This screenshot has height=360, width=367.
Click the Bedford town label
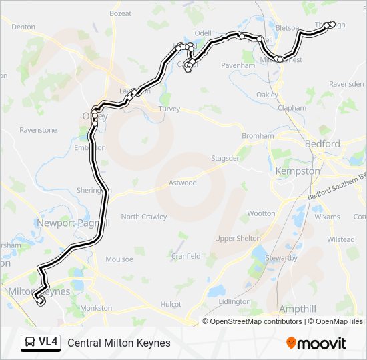[x=323, y=144]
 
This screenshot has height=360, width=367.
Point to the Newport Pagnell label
[x=73, y=223]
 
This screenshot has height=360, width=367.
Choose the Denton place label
[x=23, y=27]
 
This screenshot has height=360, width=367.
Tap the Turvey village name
[x=169, y=109]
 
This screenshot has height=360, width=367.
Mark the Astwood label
[x=183, y=183]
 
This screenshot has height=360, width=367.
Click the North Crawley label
[x=143, y=217]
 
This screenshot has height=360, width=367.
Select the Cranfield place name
[x=186, y=256]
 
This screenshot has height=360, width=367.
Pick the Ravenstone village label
[x=38, y=130]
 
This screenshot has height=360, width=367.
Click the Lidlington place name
[x=234, y=302]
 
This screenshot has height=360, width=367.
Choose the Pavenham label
[x=238, y=66]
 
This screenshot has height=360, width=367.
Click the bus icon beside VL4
[x=30, y=343]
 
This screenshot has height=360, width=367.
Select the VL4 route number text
[x=49, y=343]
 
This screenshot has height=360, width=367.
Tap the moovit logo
[x=316, y=343]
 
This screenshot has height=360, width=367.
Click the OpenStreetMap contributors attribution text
[x=256, y=321]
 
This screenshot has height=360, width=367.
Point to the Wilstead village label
[x=341, y=239]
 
